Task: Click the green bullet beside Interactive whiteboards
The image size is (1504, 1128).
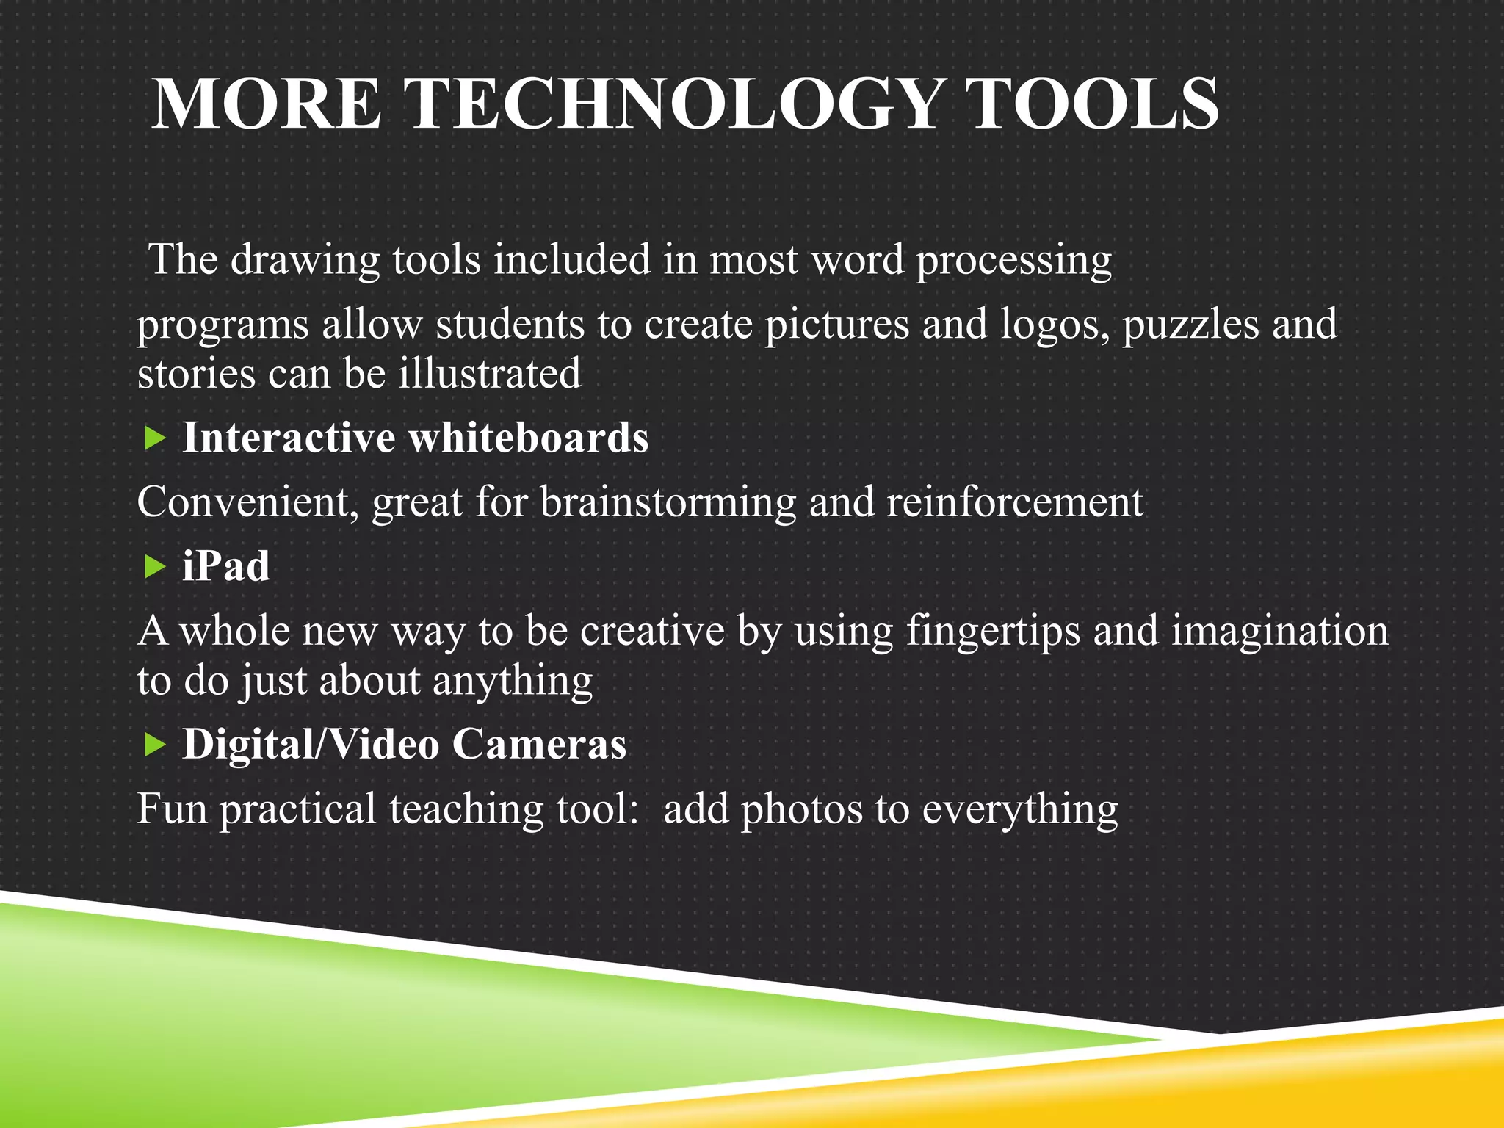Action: (x=155, y=439)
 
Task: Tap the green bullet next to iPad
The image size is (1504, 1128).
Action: (x=155, y=567)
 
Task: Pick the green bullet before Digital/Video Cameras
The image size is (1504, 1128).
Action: (x=155, y=745)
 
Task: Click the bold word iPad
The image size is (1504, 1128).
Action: (x=226, y=566)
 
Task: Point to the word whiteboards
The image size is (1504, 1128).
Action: (x=528, y=438)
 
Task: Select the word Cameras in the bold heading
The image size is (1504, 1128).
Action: (x=539, y=744)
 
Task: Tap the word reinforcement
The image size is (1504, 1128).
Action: (x=1015, y=502)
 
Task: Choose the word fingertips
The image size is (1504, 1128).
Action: (x=993, y=632)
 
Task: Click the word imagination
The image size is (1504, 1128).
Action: (x=1280, y=632)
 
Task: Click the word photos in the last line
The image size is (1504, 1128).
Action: (x=802, y=809)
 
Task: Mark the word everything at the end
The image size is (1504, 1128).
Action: (x=1020, y=811)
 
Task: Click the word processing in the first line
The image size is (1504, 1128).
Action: (x=1014, y=261)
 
